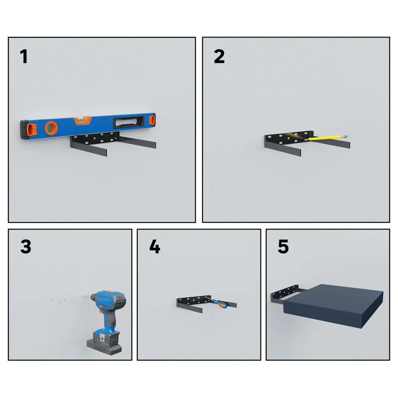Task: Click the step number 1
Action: pos(24,57)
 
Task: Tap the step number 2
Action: pos(219,57)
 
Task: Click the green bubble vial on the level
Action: pos(81,120)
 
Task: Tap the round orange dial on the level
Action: pos(51,128)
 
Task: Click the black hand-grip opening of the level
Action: pos(129,122)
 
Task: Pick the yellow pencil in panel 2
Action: pos(326,138)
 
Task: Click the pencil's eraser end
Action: pos(345,136)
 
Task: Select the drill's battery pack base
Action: pos(104,343)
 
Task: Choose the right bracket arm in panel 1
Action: pos(137,142)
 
